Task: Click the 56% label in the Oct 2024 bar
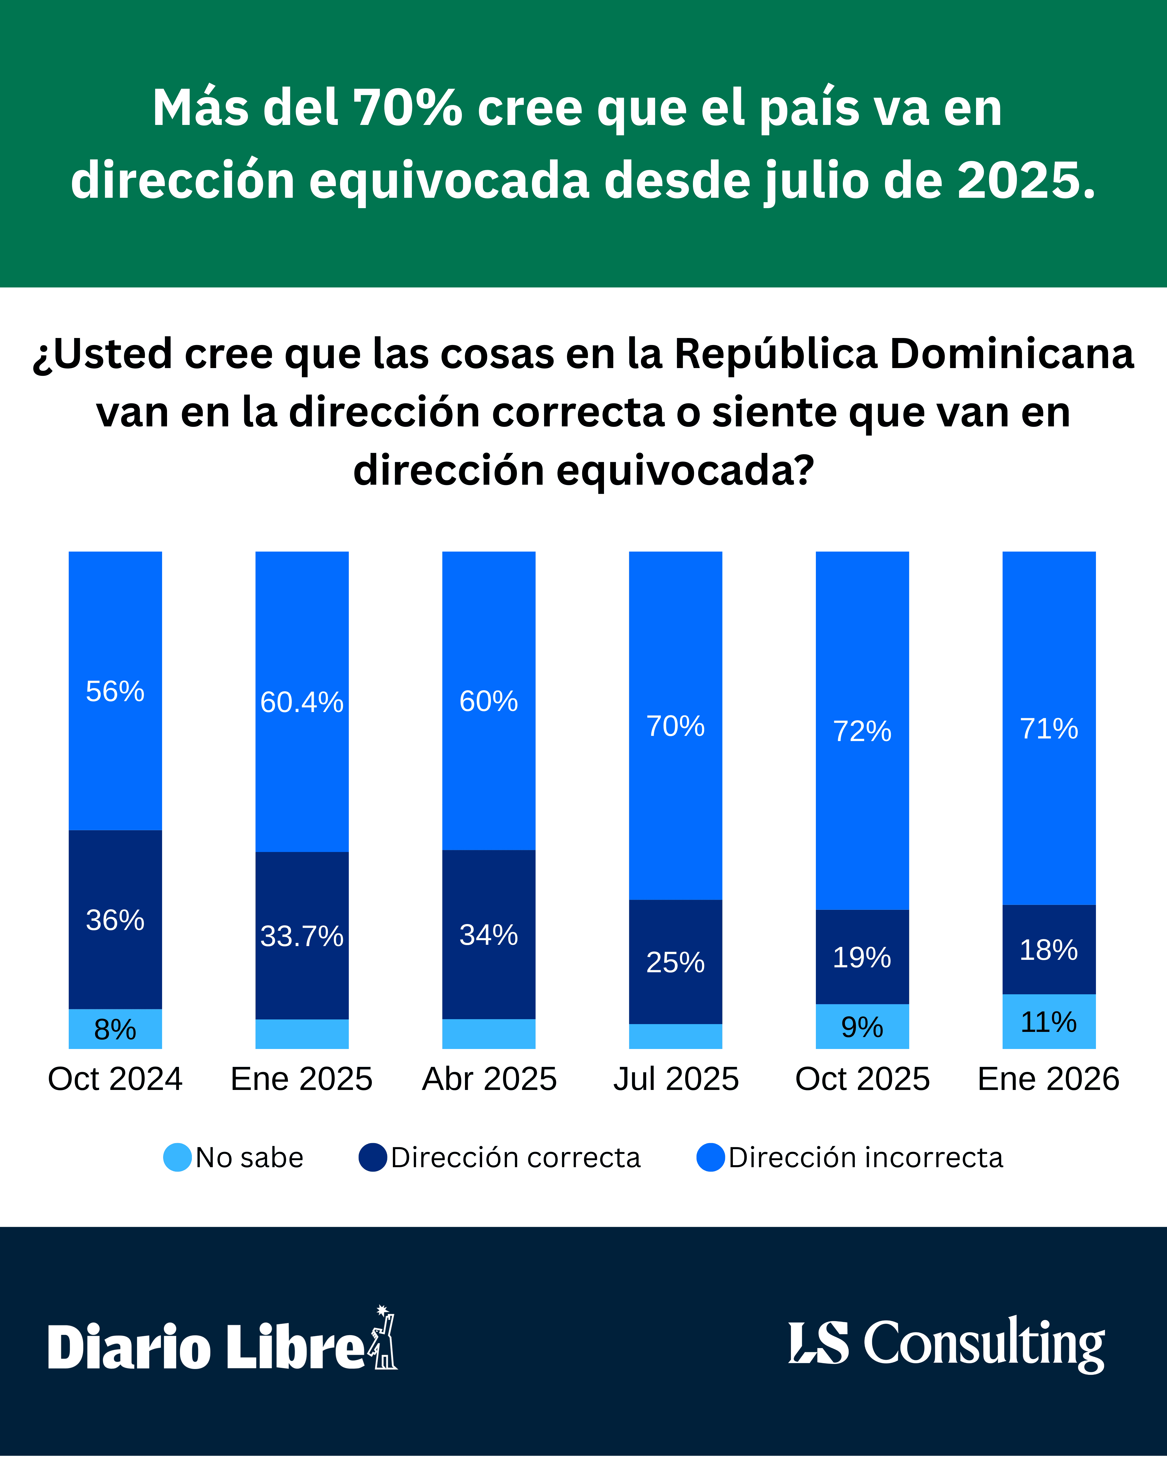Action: point(115,691)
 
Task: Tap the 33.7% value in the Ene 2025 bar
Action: point(302,936)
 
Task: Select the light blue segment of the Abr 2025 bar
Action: point(488,1033)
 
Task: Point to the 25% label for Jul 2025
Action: point(675,962)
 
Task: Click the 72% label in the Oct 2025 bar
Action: point(862,731)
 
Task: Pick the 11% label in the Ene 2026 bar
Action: point(1048,1022)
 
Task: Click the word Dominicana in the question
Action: point(1011,354)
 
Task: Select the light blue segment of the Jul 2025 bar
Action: point(675,1036)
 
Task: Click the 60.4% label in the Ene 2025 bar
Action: point(302,702)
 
